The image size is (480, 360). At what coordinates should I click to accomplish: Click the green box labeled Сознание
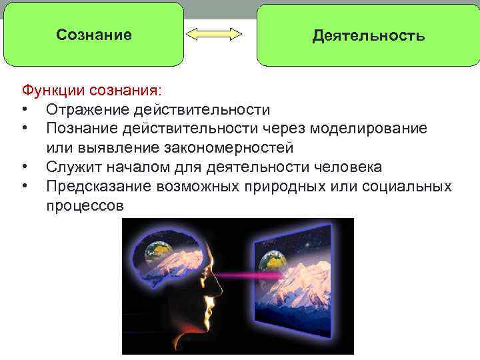(93, 35)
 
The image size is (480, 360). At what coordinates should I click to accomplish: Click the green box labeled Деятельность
(368, 35)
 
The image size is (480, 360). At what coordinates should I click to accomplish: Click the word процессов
(85, 205)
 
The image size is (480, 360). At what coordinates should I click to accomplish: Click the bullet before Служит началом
(25, 167)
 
